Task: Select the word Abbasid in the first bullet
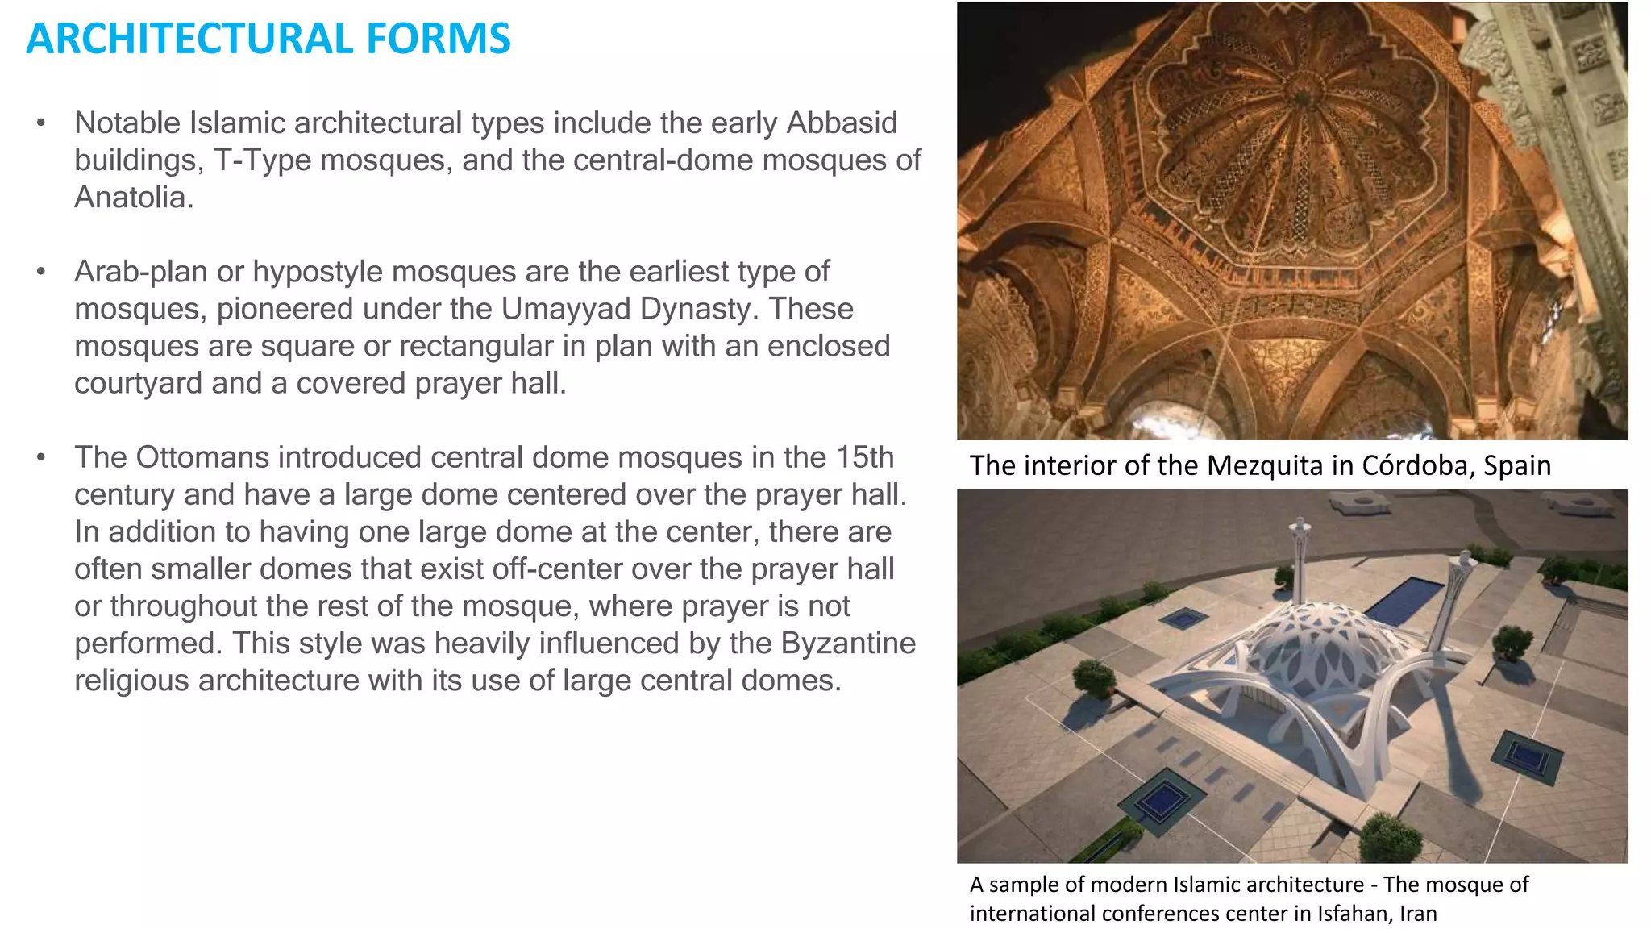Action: coord(842,123)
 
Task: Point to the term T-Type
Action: coord(262,160)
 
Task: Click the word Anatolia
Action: coord(134,198)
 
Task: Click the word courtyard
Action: coord(138,383)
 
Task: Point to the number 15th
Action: coord(865,457)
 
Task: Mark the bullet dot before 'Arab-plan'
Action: coord(41,273)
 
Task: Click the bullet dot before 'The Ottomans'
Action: coord(41,458)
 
